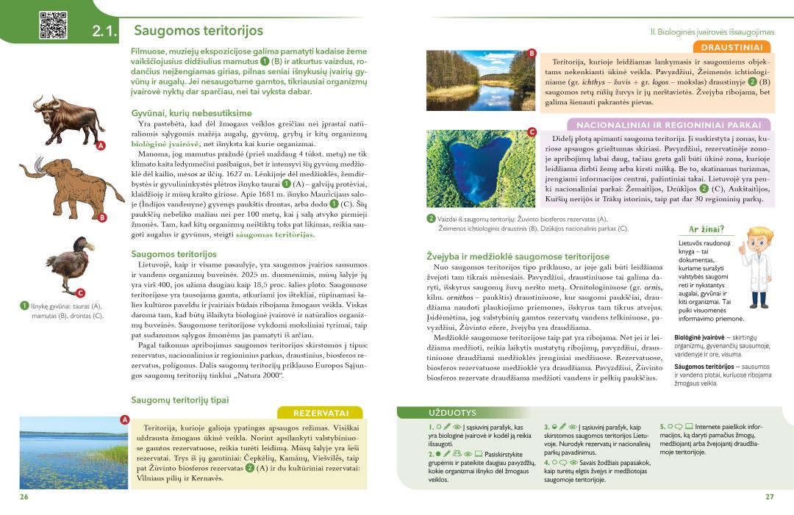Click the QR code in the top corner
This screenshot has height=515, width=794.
click(x=53, y=25)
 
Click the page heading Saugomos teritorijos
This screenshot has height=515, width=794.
click(x=198, y=31)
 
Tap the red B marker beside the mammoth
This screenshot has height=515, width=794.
click(x=102, y=217)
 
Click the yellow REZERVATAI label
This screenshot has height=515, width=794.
click(x=321, y=413)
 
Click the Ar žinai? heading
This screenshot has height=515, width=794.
click(x=706, y=229)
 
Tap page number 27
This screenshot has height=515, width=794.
click(x=769, y=497)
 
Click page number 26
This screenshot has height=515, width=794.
click(x=24, y=497)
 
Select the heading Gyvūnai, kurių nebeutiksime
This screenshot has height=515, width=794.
click(x=191, y=113)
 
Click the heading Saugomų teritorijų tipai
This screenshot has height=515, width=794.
click(x=179, y=400)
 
